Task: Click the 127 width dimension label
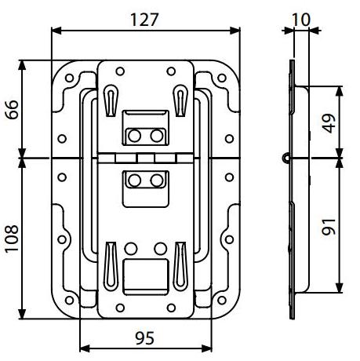(x=144, y=20)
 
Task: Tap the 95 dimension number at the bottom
(x=145, y=338)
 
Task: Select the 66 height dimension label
(x=13, y=110)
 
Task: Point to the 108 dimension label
(x=13, y=239)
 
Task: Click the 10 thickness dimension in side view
(x=301, y=20)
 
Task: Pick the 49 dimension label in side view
(x=329, y=123)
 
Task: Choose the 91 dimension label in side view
(x=329, y=227)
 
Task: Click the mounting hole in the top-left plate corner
(x=69, y=78)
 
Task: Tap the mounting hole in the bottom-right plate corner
(x=222, y=301)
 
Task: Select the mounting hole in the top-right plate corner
(x=222, y=78)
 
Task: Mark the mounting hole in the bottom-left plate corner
(x=69, y=301)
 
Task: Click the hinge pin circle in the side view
(x=286, y=158)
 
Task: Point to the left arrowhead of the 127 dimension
(x=56, y=31)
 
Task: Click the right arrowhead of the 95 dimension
(x=207, y=348)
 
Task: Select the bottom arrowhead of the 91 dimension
(x=339, y=287)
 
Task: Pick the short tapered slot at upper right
(x=180, y=100)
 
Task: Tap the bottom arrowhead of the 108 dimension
(x=22, y=314)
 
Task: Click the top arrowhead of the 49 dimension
(x=339, y=91)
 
